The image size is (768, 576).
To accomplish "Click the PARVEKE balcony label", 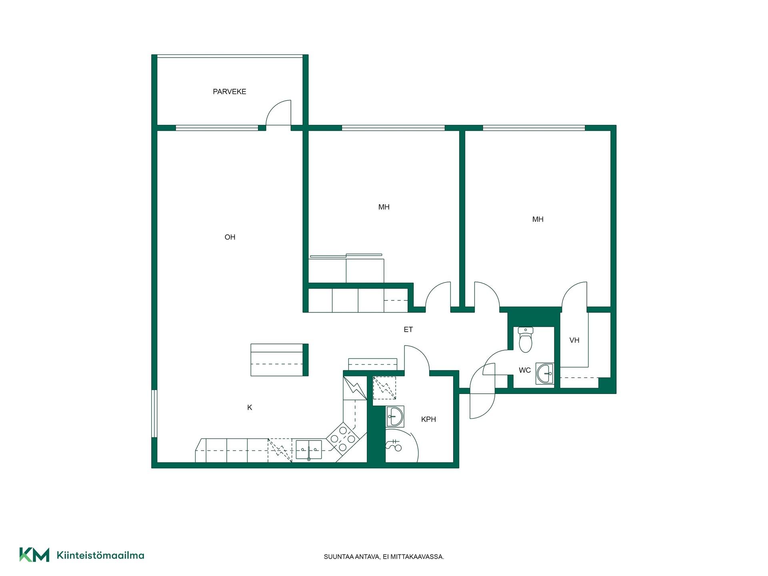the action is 229,92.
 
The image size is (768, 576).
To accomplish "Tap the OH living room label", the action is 230,237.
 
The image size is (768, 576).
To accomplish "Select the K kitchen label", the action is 250,408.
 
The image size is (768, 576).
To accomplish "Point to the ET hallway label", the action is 408,330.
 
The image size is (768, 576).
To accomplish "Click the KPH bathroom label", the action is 428,419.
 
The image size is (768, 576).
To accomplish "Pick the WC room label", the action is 525,370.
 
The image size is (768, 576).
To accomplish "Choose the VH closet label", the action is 574,340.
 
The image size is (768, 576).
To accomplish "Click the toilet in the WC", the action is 526,339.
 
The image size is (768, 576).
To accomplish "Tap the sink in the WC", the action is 545,374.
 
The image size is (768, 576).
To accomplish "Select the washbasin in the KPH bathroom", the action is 395,416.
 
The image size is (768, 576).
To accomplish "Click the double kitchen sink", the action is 308,449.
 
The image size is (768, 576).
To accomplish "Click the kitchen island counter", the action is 279,360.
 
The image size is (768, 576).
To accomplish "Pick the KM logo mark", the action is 34,555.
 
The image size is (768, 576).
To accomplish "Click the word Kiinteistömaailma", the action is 100,555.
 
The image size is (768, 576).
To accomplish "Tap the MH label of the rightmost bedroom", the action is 538,219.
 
